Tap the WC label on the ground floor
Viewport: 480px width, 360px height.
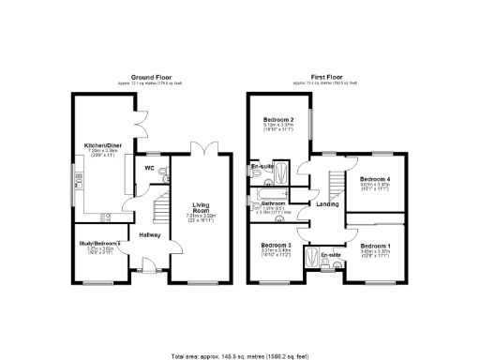[x=148, y=169]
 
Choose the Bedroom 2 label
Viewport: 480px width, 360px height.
[x=278, y=121]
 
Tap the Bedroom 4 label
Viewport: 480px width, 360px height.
[x=375, y=179]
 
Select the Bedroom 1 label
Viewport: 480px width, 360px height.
[x=376, y=246]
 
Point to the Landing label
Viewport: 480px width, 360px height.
[x=327, y=204]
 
